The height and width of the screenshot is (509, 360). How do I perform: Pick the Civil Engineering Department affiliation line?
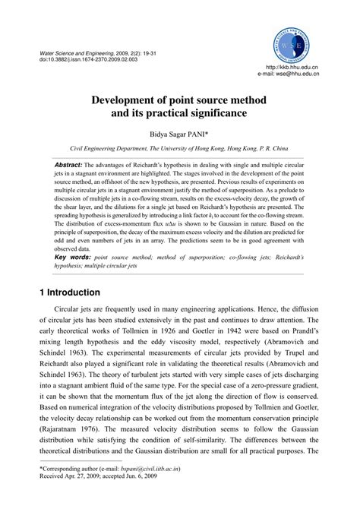click(x=180, y=150)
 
